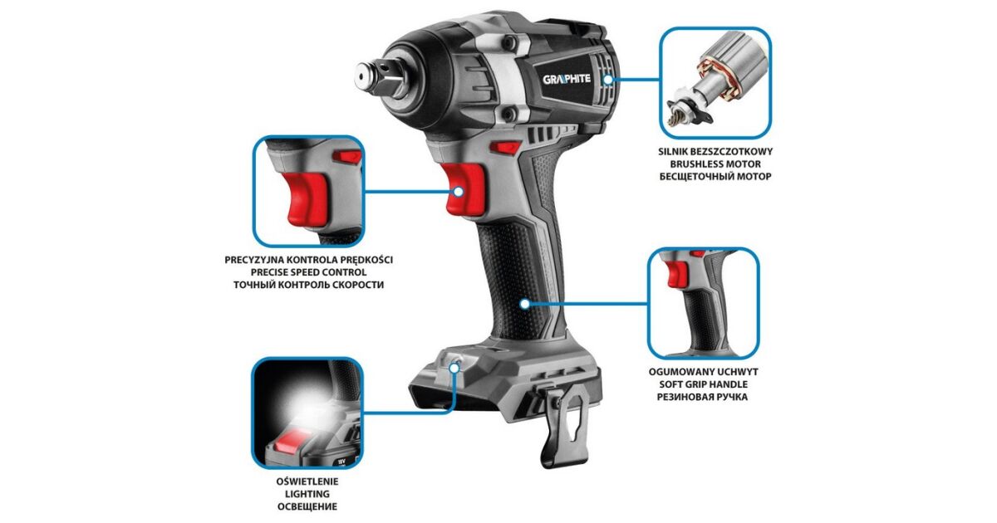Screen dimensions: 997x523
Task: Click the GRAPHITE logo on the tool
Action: (x=567, y=79)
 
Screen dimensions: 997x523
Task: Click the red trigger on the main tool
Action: (x=464, y=188)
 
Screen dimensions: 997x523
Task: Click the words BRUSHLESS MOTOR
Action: (x=715, y=164)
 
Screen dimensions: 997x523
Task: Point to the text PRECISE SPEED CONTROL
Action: (x=308, y=272)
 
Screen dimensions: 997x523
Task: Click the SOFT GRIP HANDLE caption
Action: (x=703, y=384)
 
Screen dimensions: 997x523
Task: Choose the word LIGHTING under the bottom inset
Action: (x=307, y=494)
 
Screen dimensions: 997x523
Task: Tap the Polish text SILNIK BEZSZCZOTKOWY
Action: (x=715, y=152)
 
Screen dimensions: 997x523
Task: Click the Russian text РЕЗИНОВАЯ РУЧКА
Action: (x=702, y=397)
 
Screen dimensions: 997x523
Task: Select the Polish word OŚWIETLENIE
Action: (x=307, y=481)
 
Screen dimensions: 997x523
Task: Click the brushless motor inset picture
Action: (x=715, y=83)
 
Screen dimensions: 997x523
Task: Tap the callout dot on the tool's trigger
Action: (x=459, y=192)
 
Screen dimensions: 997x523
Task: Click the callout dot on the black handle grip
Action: (x=525, y=304)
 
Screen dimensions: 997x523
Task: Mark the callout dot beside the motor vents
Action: (x=607, y=80)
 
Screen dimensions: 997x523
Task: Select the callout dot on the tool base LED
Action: (x=454, y=368)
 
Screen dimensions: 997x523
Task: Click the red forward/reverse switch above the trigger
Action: (x=505, y=147)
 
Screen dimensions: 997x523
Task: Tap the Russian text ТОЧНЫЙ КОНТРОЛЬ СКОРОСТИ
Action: (x=308, y=285)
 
